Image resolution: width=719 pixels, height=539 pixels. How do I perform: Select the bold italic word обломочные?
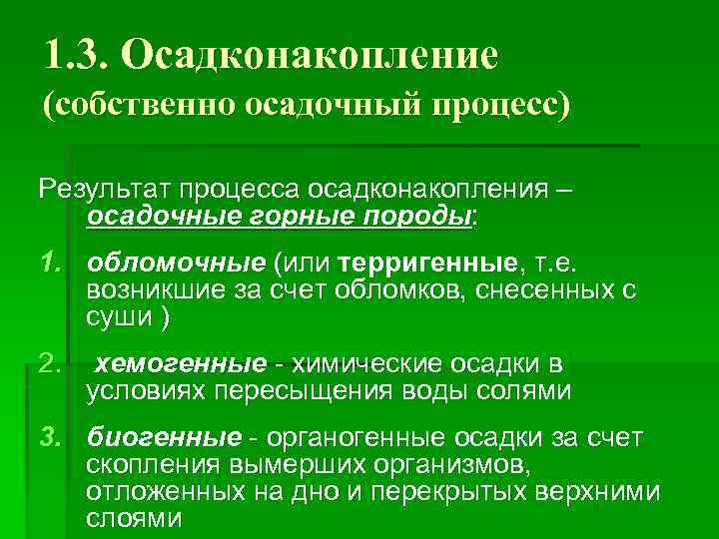point(175,261)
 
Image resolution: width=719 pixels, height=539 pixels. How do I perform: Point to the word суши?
point(118,317)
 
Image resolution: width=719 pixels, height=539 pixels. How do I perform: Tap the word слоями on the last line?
point(134,518)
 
